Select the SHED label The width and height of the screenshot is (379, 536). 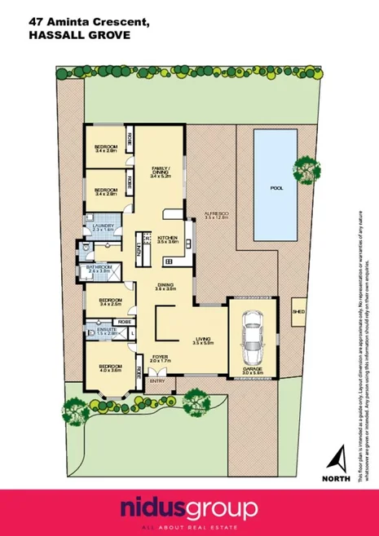299,310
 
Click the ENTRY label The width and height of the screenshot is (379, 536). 157,380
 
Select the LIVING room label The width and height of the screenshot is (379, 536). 203,342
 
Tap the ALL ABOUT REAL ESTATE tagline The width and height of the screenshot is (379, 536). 189,525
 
